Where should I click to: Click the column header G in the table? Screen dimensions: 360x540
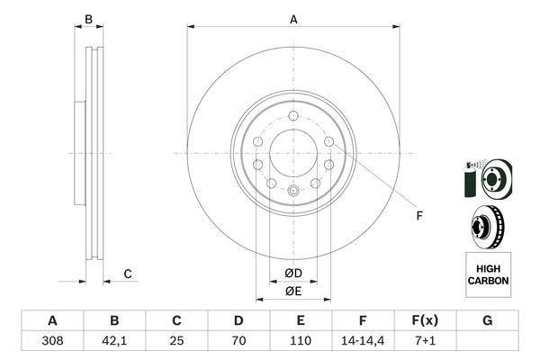[487, 320]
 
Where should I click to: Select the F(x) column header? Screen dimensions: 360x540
[425, 320]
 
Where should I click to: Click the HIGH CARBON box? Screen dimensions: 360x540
[488, 274]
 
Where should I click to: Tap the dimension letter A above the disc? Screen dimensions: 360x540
[293, 19]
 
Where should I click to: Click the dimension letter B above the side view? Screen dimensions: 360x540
[88, 19]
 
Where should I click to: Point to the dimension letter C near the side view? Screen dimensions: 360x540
[128, 274]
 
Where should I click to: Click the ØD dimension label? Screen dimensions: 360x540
[293, 274]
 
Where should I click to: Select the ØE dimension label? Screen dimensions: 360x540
[293, 291]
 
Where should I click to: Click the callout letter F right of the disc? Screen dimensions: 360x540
[418, 215]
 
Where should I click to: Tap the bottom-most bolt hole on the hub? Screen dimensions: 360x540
[293, 191]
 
